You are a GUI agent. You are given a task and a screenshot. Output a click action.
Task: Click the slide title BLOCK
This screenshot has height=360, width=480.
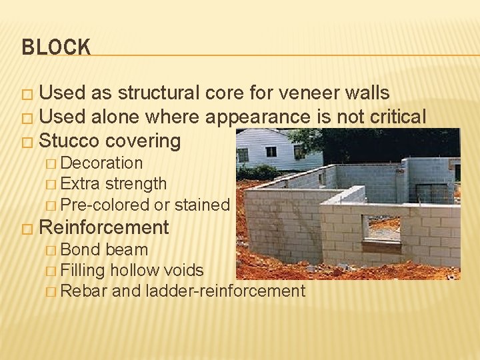pyautogui.click(x=56, y=47)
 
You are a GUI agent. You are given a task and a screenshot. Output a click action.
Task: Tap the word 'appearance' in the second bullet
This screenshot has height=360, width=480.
pyautogui.click(x=257, y=117)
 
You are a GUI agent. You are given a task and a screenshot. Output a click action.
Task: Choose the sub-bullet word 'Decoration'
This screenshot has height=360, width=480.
pyautogui.click(x=101, y=163)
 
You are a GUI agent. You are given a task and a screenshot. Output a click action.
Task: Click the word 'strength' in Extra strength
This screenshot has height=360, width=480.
pyautogui.click(x=136, y=184)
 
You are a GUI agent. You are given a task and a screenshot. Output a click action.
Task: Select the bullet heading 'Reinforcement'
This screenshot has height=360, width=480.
pyautogui.click(x=104, y=227)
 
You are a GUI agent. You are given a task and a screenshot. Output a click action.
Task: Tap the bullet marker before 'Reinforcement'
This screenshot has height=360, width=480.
pyautogui.click(x=27, y=229)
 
